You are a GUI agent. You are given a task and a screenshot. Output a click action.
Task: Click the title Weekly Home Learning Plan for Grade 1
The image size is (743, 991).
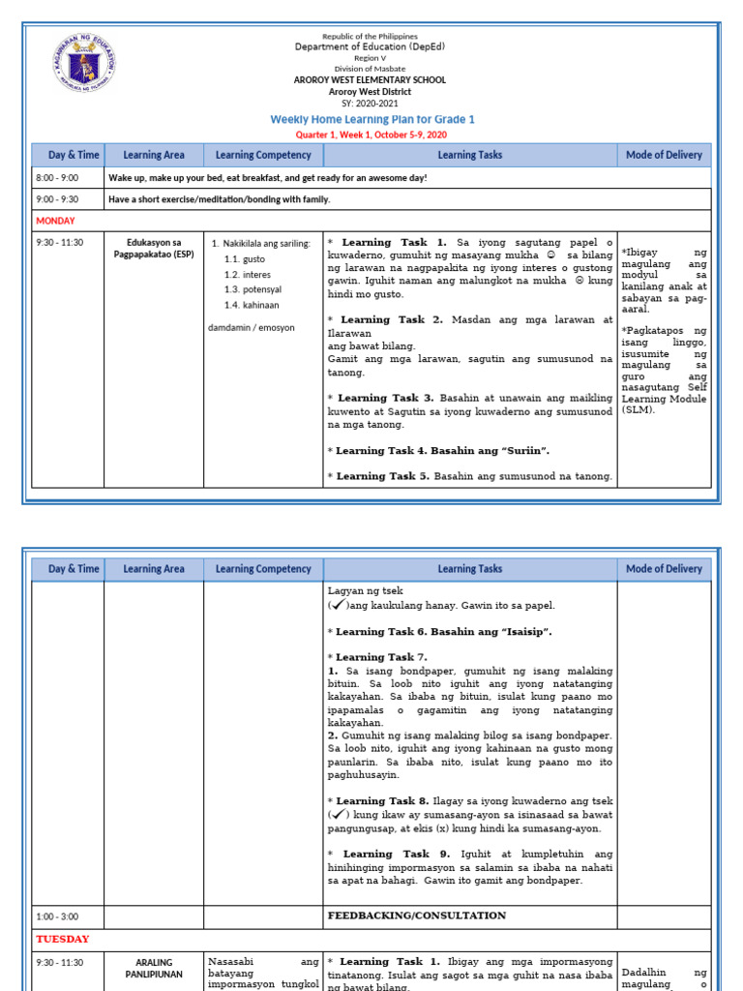point(371,119)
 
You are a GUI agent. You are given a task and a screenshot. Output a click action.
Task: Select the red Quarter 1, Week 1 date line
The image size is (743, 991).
point(371,135)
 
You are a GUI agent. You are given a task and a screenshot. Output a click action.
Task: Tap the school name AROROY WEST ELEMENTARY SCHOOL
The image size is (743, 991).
point(371,79)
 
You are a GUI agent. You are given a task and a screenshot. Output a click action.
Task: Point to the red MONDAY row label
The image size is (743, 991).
point(54,221)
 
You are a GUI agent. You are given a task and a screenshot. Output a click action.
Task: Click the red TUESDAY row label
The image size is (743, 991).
point(62,939)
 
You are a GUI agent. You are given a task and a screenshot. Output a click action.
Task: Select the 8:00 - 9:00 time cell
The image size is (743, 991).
point(57,178)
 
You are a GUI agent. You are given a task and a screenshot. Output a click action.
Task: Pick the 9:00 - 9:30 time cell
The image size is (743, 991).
point(57,199)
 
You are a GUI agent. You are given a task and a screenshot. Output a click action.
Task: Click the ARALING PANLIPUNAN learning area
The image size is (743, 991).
point(154,969)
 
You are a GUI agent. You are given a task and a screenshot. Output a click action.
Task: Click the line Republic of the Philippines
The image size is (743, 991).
point(371,36)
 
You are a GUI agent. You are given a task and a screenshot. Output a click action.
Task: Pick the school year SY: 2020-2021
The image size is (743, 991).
point(371,103)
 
